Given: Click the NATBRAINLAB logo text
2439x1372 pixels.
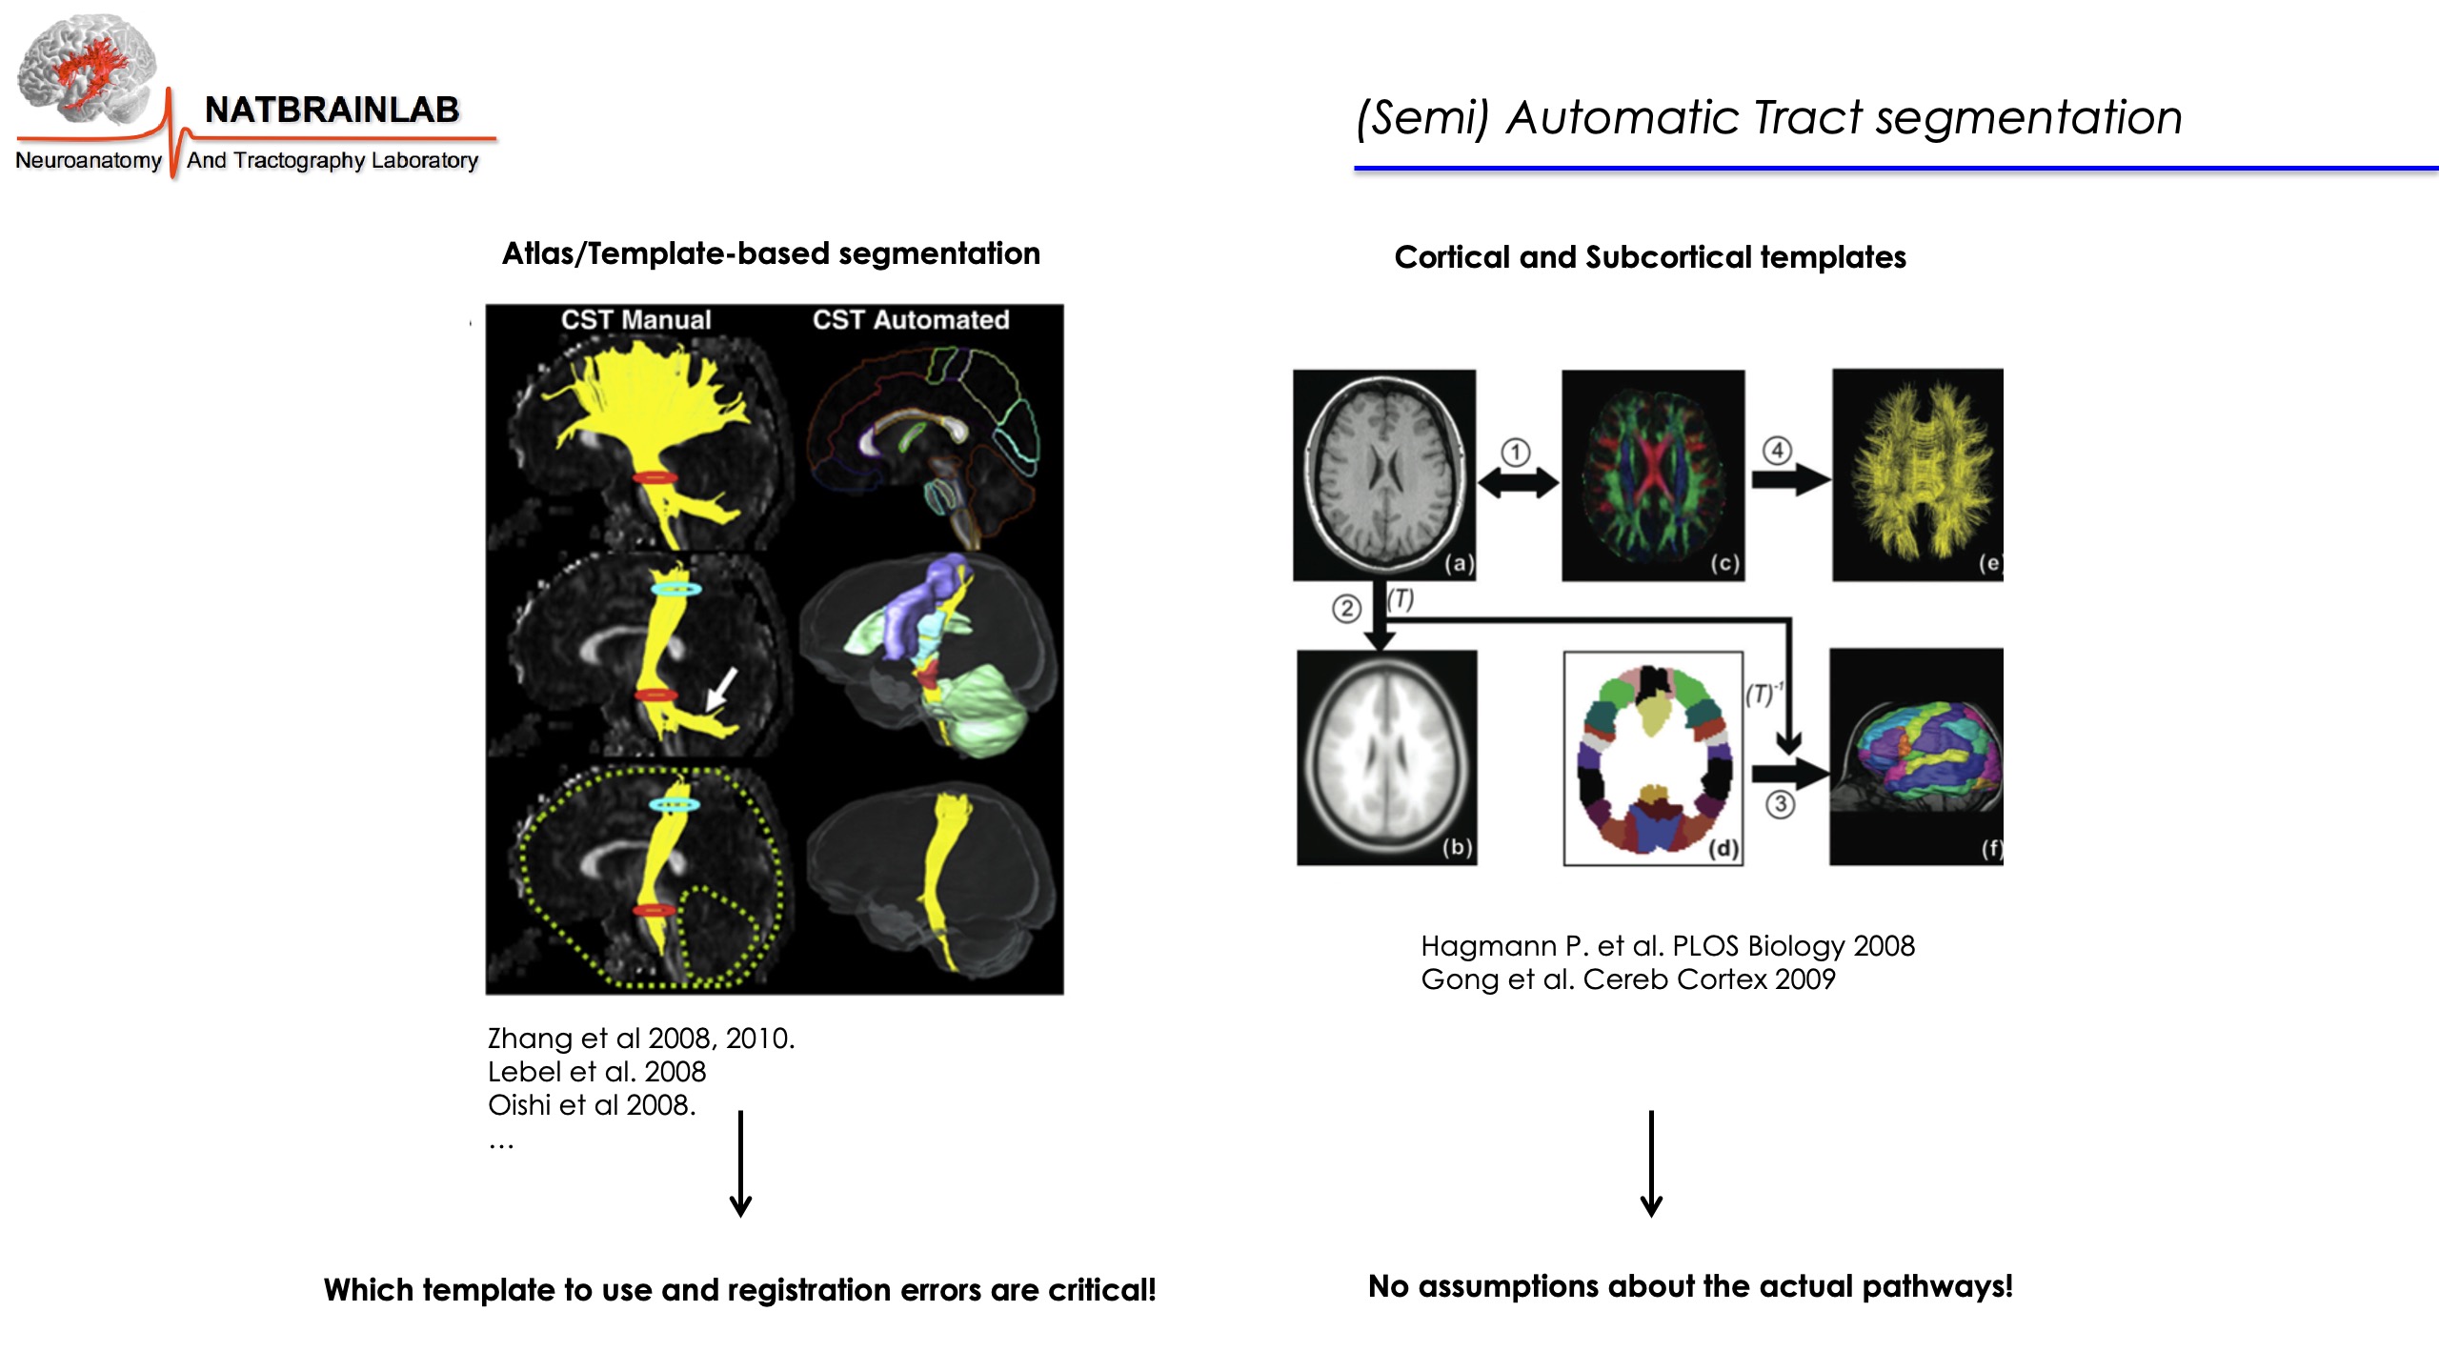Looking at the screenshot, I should (332, 111).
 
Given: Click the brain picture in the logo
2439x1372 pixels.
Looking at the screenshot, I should (86, 69).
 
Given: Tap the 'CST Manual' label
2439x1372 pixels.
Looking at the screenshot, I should (635, 320).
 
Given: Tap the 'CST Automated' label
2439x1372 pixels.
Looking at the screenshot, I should (910, 320).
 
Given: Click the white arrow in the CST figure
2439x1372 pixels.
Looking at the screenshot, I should (720, 689).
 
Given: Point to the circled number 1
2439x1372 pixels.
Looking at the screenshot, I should (1515, 452).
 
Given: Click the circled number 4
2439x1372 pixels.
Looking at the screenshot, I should (1777, 450).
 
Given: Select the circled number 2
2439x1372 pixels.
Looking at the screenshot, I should (1345, 608).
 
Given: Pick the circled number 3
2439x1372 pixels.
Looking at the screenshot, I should (1780, 804).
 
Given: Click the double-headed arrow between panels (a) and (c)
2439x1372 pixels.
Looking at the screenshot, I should (1518, 484).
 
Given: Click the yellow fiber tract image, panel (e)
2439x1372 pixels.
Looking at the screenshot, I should (1917, 474).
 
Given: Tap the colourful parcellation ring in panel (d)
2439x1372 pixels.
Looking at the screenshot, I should (1653, 758).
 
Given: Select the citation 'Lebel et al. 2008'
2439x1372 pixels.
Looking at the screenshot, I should (596, 1072).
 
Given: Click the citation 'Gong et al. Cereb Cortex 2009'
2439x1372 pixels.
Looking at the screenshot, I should (1627, 979).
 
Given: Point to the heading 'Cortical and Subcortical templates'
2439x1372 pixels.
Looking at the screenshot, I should (1650, 257).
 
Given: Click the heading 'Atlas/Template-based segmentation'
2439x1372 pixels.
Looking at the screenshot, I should (771, 253).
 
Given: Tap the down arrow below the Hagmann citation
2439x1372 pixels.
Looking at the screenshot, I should (1651, 1163).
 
